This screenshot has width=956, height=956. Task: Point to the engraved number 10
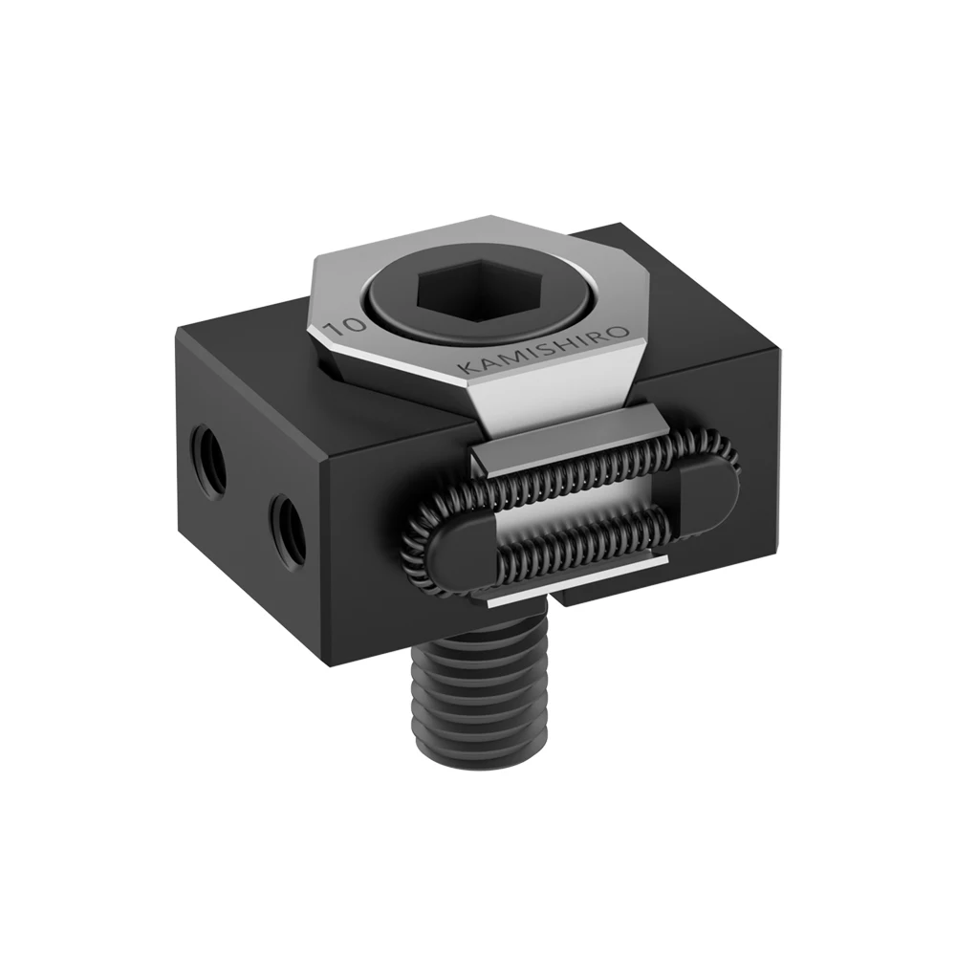(338, 327)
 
